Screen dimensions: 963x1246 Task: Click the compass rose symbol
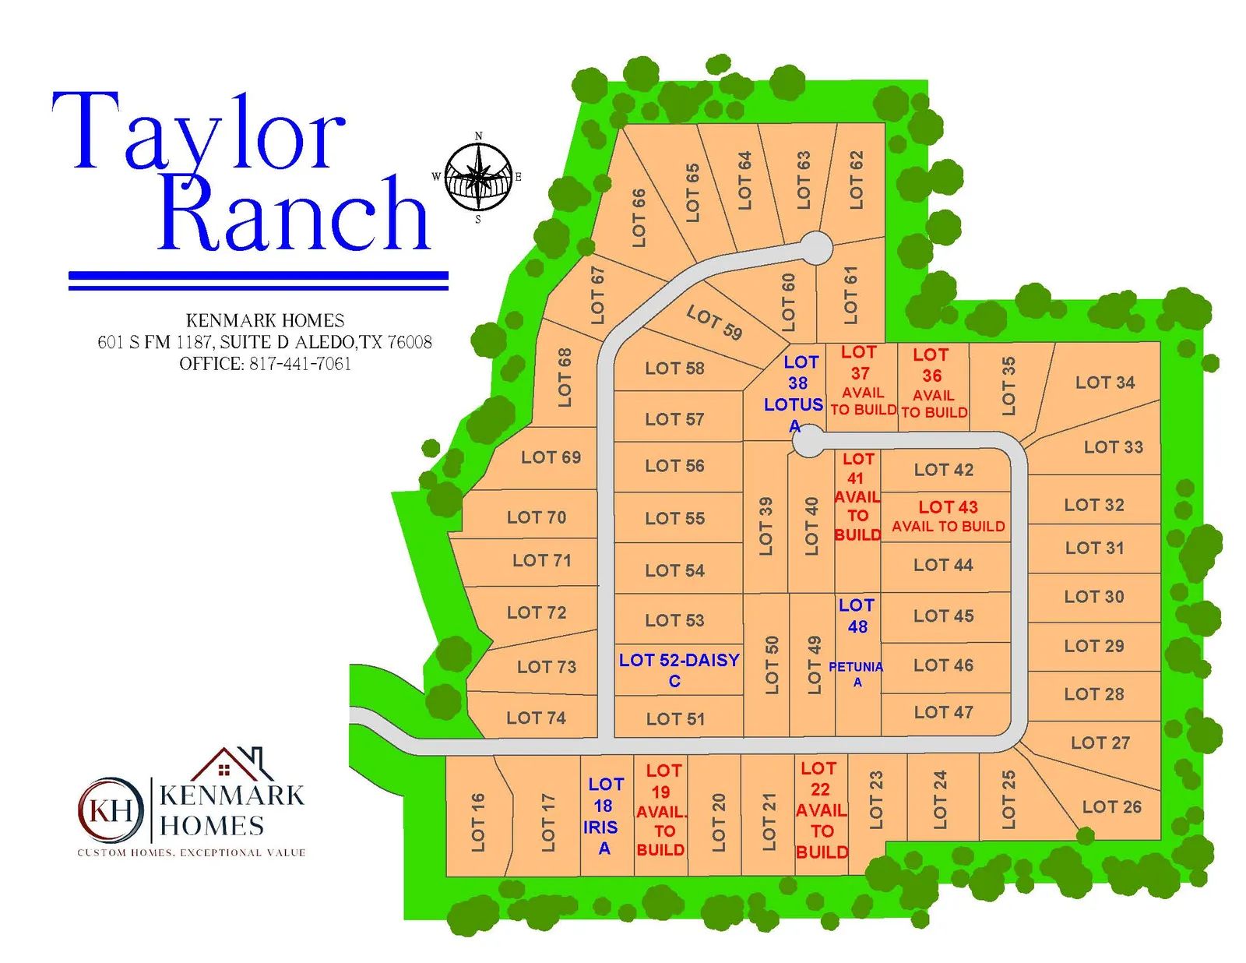point(478,178)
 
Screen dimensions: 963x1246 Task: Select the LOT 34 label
point(1104,383)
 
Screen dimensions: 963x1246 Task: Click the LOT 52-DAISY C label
point(678,669)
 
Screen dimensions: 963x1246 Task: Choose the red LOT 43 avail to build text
point(948,516)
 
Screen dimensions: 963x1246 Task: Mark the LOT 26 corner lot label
point(1111,807)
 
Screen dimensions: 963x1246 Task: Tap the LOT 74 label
point(536,718)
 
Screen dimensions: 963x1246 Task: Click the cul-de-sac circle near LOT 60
point(815,248)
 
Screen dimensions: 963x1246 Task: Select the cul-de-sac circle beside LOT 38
point(808,441)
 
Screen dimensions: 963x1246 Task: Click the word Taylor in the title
point(199,132)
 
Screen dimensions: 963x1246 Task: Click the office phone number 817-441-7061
point(300,364)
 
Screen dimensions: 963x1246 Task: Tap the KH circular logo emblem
point(111,810)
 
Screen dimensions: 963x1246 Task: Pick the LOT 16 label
point(477,822)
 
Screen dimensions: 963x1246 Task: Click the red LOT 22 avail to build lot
point(821,810)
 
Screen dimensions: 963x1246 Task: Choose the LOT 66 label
point(639,218)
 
